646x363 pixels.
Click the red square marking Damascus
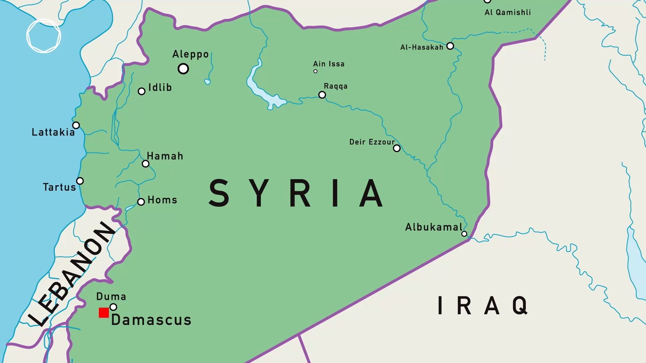tap(104, 313)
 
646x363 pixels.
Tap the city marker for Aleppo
tap(183, 69)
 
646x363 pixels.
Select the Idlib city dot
tap(142, 91)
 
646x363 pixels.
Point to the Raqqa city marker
tap(322, 95)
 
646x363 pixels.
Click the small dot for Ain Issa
tap(315, 71)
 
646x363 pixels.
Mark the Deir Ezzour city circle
tap(397, 148)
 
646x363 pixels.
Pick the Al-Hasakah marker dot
tap(450, 46)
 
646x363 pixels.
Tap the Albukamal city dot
tap(464, 234)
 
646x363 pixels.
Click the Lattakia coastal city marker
tap(76, 125)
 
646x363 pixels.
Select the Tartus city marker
tap(80, 181)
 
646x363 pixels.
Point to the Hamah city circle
tap(145, 164)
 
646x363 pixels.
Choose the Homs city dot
tap(141, 202)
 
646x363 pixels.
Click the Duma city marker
tap(113, 307)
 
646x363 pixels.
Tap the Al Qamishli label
tap(508, 12)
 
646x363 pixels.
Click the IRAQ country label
tap(483, 306)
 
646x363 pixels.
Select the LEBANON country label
tap(72, 274)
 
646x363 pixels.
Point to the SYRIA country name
tap(296, 193)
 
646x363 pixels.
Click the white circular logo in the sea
tap(44, 36)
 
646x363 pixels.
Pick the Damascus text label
tap(151, 320)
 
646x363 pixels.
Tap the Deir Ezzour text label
tap(372, 142)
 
